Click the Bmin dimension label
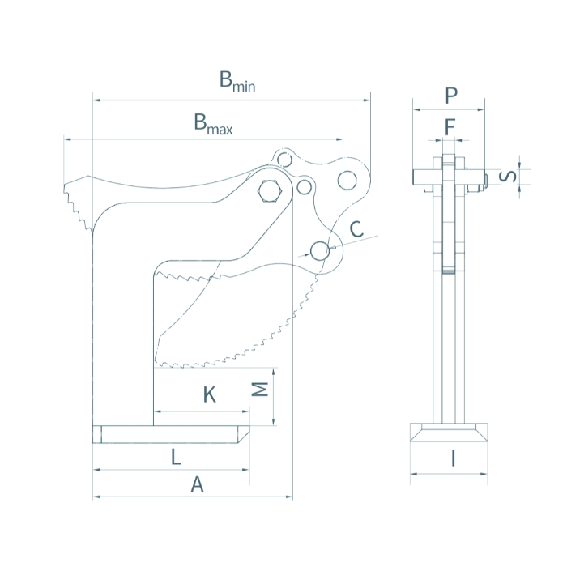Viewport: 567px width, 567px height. (x=237, y=82)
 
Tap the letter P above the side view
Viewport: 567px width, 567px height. (x=451, y=96)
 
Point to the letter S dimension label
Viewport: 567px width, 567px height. (x=506, y=177)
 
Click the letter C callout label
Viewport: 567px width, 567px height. (x=356, y=229)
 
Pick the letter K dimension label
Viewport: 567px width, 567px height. (x=209, y=395)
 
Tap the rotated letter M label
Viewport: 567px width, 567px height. (x=260, y=391)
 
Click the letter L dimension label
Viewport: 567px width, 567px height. (x=176, y=457)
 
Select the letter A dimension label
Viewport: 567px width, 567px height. (x=196, y=484)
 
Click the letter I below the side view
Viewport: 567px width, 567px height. (x=453, y=459)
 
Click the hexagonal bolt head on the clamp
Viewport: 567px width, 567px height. (x=268, y=191)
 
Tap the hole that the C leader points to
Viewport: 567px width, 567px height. (x=320, y=250)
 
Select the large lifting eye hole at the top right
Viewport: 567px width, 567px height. (x=349, y=179)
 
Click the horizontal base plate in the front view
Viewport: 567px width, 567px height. (x=171, y=435)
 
